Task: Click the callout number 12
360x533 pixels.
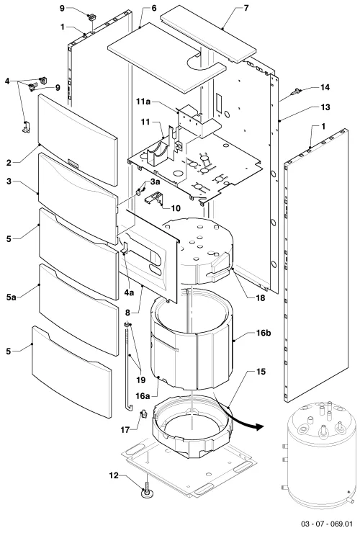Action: (114, 475)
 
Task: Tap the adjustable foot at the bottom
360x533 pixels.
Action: (146, 491)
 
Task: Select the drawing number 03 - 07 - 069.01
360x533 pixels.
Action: (327, 523)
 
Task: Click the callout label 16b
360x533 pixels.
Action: (264, 333)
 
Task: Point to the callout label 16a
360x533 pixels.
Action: (143, 395)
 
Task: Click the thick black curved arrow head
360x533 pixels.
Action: (259, 426)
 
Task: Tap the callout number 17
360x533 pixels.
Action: (125, 430)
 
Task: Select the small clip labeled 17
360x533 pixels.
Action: (144, 414)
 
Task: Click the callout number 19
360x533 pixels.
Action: (140, 380)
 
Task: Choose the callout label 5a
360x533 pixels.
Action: (11, 297)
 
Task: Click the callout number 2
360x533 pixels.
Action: (9, 163)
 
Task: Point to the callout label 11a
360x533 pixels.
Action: (143, 102)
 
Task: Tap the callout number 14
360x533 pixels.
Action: (325, 87)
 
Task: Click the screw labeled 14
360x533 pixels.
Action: (297, 91)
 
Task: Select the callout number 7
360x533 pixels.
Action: (246, 7)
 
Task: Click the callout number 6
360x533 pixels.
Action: (154, 7)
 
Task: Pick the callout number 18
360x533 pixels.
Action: (261, 297)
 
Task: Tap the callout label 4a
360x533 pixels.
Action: (129, 292)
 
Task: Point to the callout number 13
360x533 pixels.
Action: (325, 107)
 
